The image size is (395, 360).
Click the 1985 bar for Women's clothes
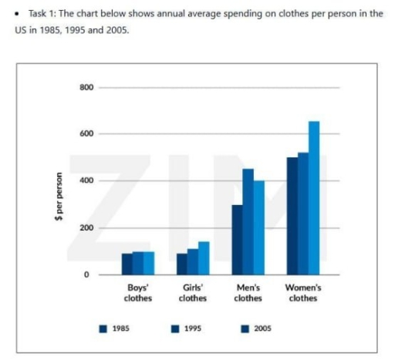coord(292,216)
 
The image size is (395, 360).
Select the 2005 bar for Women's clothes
coord(313,198)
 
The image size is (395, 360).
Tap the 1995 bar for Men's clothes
coord(248,222)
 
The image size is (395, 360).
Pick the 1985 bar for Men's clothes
coord(237,240)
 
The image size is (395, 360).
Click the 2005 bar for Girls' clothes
coord(203,258)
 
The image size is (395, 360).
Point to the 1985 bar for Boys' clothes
coord(127,264)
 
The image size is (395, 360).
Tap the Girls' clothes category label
coord(192,294)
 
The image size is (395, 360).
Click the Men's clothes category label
coord(248,294)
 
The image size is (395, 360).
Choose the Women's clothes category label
coord(302,294)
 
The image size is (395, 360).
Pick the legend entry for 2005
coord(256,328)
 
